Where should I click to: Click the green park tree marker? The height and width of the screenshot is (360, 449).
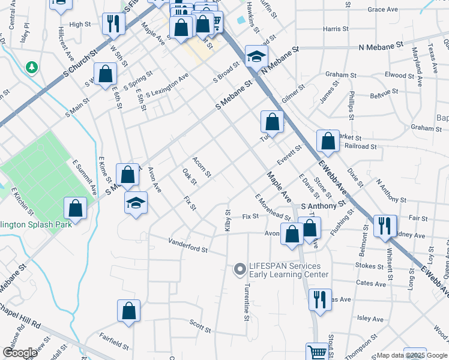coord(31,68)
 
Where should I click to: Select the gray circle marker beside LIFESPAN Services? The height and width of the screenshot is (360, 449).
coord(240,270)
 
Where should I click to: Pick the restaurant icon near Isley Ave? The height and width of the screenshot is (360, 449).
coord(319,299)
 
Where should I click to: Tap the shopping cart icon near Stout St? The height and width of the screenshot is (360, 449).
coord(316,352)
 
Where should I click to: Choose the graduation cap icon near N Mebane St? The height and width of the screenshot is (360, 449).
coord(256,56)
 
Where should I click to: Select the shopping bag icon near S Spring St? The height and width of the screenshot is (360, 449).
coord(106,74)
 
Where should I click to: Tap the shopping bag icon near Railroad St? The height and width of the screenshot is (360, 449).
coord(328,141)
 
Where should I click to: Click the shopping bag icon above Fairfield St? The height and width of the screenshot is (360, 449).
coord(128,310)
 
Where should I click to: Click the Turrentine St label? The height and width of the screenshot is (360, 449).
coord(246,302)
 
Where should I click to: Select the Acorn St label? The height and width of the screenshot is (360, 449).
coord(202,167)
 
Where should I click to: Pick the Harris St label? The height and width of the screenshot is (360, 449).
coord(335,29)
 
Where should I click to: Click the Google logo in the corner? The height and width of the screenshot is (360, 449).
coord(20,353)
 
